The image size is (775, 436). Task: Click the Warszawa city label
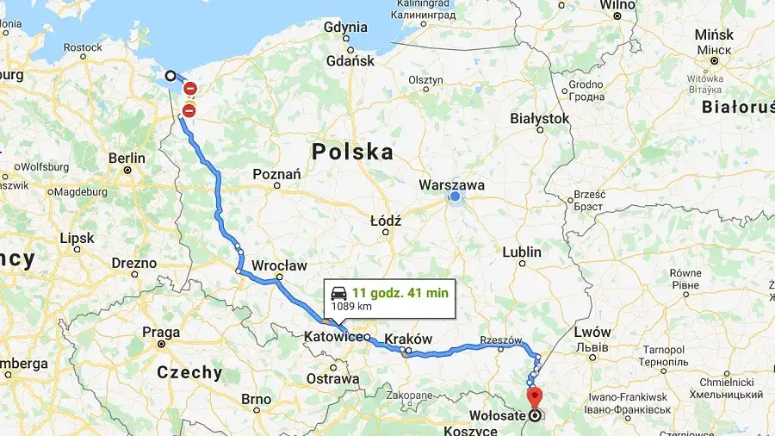click(451, 184)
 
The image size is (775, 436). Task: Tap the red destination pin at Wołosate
click(534, 398)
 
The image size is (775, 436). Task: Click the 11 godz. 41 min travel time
click(400, 293)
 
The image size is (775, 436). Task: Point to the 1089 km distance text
click(353, 307)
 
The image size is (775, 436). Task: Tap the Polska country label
click(352, 153)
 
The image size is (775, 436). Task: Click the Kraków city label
click(408, 339)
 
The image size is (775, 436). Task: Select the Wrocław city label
click(280, 265)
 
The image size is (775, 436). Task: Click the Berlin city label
click(127, 158)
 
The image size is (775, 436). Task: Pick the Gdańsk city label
click(350, 61)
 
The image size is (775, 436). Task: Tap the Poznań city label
click(276, 174)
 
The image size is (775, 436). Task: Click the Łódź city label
click(386, 221)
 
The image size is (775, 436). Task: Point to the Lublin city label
click(523, 252)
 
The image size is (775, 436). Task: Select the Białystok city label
click(540, 118)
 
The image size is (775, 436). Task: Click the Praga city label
click(161, 332)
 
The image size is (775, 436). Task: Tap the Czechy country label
click(189, 373)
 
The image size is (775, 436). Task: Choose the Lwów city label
click(592, 332)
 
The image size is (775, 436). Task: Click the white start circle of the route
click(170, 76)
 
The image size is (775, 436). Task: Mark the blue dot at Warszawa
click(455, 197)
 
